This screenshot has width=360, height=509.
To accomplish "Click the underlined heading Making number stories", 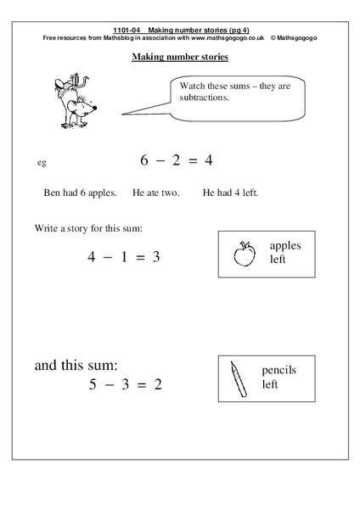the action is (180, 58).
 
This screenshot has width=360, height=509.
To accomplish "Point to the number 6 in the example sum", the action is (144, 159).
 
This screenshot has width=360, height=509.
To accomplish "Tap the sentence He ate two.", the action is (156, 193).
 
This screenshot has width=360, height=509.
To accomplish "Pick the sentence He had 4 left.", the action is (230, 193).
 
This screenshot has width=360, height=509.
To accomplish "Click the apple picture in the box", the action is (244, 253).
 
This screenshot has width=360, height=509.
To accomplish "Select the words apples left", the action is (284, 252).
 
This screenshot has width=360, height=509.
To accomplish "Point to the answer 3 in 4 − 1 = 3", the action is (155, 257).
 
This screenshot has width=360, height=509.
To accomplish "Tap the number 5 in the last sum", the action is (93, 384).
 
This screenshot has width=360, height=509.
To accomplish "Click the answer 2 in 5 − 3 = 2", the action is (157, 384).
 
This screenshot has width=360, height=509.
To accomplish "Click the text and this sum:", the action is (76, 366).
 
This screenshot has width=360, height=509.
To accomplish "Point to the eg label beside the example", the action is (42, 162).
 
